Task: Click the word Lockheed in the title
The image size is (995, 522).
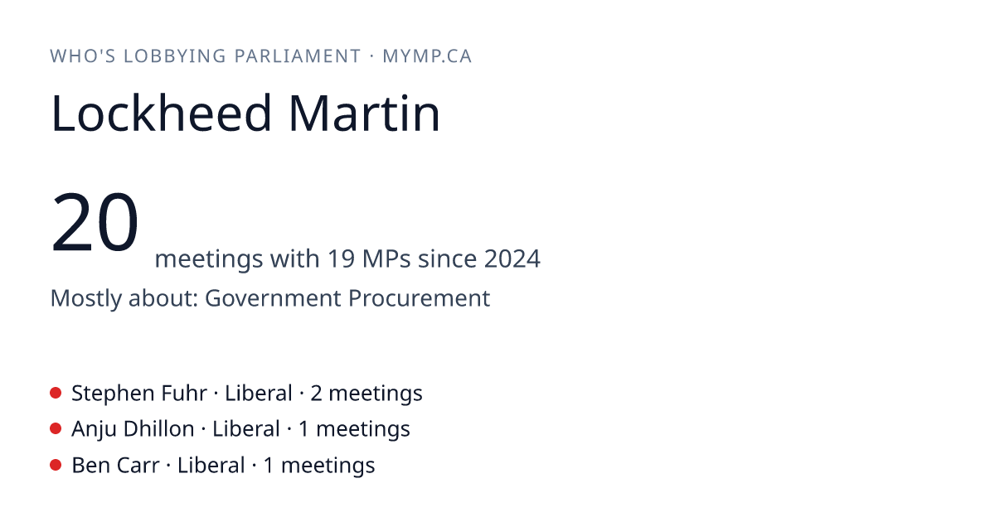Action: [x=161, y=113]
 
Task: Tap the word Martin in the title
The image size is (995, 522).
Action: [x=364, y=114]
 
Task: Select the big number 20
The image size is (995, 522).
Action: [x=95, y=221]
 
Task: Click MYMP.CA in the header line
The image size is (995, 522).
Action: [x=427, y=56]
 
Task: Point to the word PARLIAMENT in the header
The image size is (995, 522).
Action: [x=298, y=56]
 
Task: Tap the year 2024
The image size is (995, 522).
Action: [x=512, y=259]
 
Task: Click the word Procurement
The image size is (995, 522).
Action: [x=419, y=297]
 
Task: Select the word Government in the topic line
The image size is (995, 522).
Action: [x=273, y=297]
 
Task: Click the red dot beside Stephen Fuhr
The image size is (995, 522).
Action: [x=56, y=393]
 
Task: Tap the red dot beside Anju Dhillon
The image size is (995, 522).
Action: [x=56, y=429]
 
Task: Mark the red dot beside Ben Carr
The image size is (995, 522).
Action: [x=56, y=465]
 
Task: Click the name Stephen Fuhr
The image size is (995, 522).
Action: [x=139, y=394]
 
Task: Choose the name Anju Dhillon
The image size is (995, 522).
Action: [x=133, y=429]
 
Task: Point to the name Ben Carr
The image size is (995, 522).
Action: [x=115, y=466]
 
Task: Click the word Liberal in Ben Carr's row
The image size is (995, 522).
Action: [x=211, y=466]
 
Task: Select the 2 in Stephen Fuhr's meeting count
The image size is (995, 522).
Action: [x=316, y=394]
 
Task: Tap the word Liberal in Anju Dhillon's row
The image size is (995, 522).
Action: [x=246, y=429]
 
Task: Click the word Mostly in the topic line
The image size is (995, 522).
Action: [x=85, y=298]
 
